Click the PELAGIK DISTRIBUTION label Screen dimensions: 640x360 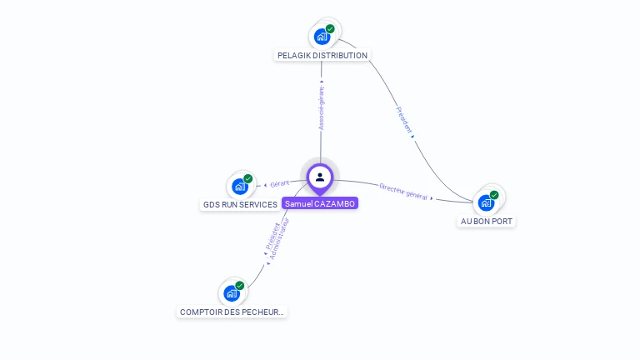[x=322, y=56]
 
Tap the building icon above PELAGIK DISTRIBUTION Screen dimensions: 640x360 [x=322, y=37]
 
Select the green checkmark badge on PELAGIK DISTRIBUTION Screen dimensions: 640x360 [x=330, y=28]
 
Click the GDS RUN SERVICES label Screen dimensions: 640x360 [x=240, y=204]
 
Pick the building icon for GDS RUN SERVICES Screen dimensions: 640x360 [x=240, y=186]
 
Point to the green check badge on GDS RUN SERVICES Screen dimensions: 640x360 [x=248, y=178]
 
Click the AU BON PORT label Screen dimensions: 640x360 [x=487, y=222]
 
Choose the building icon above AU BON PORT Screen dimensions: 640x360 [x=486, y=202]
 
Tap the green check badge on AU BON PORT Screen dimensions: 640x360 [x=494, y=195]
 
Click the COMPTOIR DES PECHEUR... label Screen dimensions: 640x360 [x=232, y=312]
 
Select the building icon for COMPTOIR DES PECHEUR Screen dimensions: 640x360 [x=232, y=293]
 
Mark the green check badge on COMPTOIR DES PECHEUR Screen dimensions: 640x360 [x=240, y=286]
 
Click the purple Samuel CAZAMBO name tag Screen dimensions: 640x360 [x=320, y=203]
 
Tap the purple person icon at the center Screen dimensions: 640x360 [x=320, y=177]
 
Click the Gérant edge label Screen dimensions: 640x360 [x=279, y=183]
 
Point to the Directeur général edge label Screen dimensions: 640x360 [x=403, y=192]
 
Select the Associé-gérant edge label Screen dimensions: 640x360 [x=322, y=108]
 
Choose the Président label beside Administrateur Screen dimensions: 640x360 [x=272, y=235]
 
